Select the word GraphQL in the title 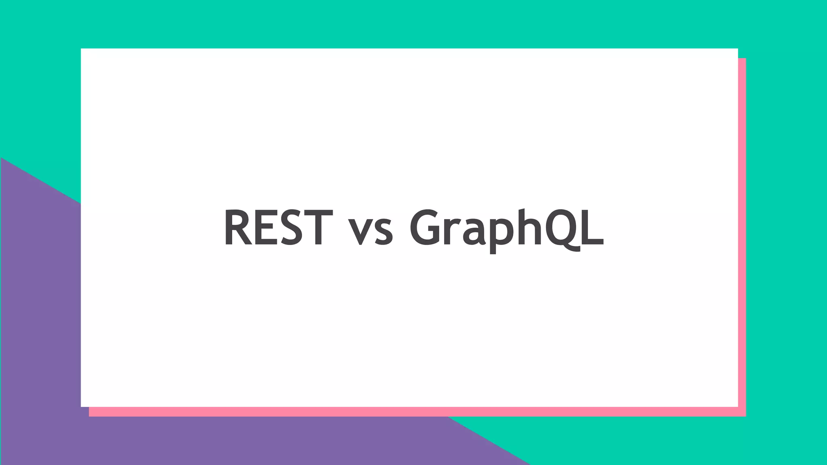506,228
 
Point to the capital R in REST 238,227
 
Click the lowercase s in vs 384,233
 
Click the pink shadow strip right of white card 742,234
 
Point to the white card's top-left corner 82,49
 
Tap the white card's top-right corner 737,49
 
